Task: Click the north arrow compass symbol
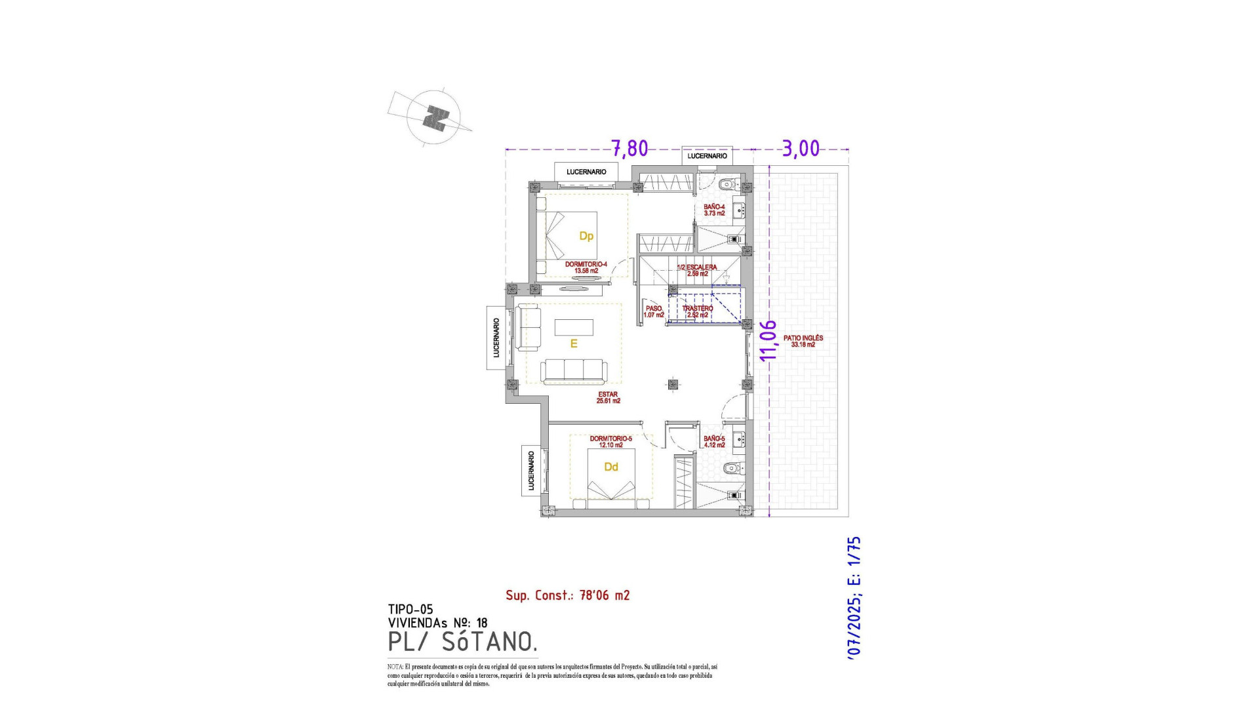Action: [x=433, y=118]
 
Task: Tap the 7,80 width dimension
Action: [x=629, y=149]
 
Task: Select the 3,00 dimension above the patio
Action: [x=801, y=149]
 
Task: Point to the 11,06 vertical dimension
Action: [x=768, y=340]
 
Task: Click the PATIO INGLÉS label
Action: [x=803, y=341]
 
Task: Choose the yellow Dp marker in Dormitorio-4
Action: [x=586, y=236]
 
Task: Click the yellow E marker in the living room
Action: [x=574, y=344]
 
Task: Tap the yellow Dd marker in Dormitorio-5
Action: [x=610, y=467]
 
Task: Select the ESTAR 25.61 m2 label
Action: [x=608, y=397]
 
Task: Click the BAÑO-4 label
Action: [x=714, y=210]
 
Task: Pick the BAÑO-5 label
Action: [x=714, y=441]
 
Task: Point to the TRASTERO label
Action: [x=697, y=311]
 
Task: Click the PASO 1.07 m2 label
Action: [x=654, y=311]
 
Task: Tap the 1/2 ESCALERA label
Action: [x=696, y=270]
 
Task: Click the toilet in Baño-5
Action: [x=731, y=468]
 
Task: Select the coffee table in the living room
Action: [x=574, y=326]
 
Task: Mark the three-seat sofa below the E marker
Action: [x=574, y=370]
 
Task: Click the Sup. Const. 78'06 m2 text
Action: [x=567, y=595]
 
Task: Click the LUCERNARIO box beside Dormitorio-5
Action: [x=531, y=471]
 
